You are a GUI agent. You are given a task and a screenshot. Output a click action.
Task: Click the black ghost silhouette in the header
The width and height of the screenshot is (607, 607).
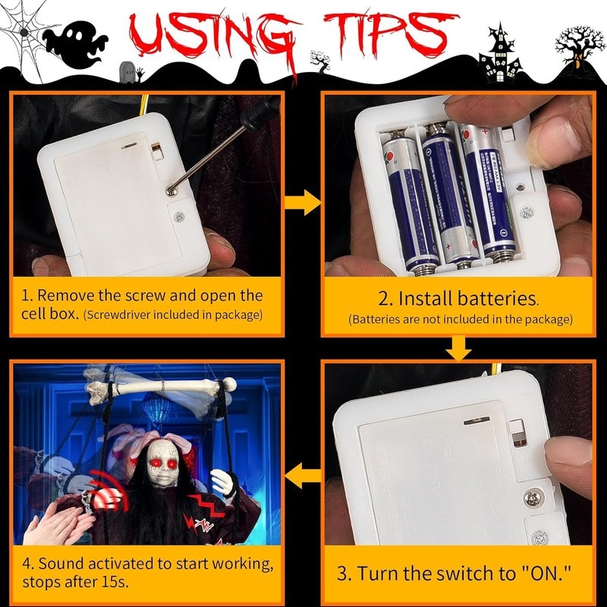(74, 45)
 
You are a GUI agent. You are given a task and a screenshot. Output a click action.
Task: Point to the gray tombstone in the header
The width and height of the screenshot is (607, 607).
(127, 72)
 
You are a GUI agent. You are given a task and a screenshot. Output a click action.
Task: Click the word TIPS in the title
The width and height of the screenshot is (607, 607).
(391, 36)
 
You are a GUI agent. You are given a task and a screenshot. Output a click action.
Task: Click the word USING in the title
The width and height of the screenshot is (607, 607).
(215, 39)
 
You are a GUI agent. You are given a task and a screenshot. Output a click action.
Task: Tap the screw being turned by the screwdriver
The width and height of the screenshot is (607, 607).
(171, 190)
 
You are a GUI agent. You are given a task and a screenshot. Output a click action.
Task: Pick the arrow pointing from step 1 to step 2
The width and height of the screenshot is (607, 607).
(303, 203)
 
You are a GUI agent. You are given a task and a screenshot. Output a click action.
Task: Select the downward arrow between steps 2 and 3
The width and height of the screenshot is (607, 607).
(458, 348)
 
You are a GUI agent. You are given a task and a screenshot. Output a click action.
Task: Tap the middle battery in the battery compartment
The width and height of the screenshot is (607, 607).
(449, 193)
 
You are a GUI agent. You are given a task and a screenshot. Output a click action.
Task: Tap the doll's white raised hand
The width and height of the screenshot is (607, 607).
(223, 483)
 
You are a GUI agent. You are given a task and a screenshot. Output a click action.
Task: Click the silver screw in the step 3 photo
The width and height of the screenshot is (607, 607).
(534, 498)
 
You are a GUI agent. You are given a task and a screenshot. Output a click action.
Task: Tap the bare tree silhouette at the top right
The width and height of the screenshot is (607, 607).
(579, 49)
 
